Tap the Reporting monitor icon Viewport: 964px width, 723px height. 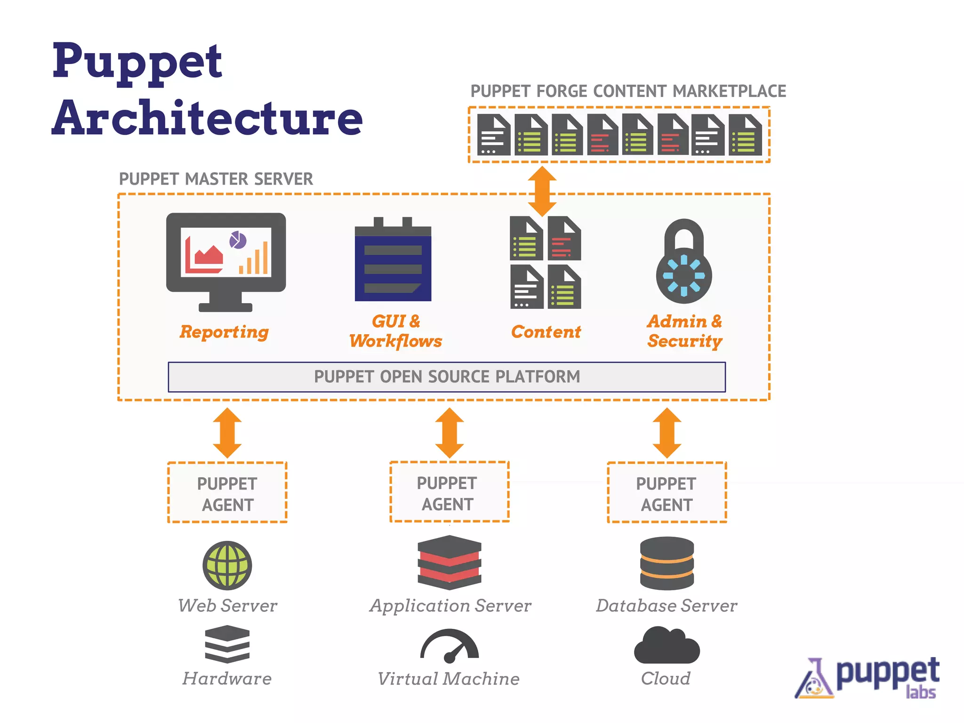click(x=226, y=261)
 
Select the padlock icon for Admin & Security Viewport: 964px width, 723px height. click(x=684, y=264)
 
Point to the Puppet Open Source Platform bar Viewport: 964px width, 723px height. click(x=447, y=377)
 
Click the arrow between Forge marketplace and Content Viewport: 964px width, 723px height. click(x=542, y=191)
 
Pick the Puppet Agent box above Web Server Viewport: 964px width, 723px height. click(x=227, y=492)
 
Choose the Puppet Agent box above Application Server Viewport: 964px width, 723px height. click(x=450, y=492)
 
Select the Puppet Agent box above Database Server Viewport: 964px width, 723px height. click(x=667, y=492)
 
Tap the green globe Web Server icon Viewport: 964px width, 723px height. click(x=227, y=565)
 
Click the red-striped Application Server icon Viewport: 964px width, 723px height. click(x=450, y=562)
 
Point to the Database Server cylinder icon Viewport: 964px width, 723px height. click(x=667, y=563)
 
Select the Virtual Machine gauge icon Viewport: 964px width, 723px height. click(x=450, y=646)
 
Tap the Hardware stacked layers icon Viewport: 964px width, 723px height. click(x=227, y=644)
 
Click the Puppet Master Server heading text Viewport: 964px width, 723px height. click(x=216, y=179)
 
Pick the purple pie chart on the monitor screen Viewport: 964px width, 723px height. click(x=238, y=240)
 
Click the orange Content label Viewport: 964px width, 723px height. click(x=546, y=332)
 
